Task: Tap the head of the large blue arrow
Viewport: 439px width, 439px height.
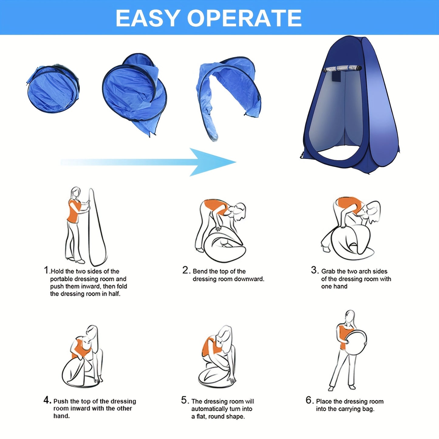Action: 213,162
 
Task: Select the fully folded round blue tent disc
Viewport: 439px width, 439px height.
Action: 53,89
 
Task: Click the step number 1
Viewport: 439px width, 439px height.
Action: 46,270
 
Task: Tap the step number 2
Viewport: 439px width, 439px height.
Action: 185,270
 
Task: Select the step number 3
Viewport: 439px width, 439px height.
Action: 314,270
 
